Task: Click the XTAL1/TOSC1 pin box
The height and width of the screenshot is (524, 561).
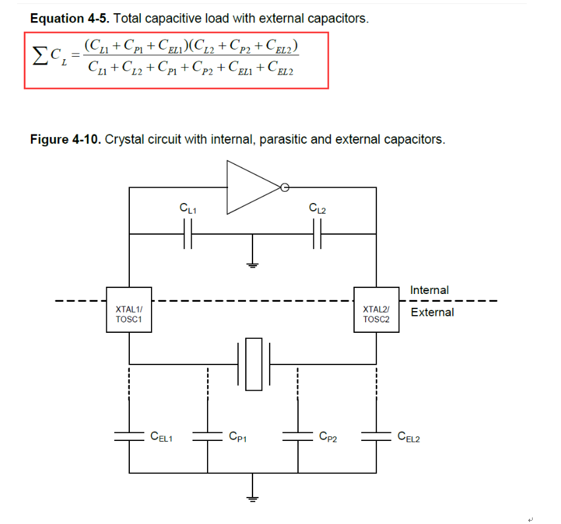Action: click(x=129, y=310)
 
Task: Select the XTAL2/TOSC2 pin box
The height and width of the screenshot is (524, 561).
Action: click(x=376, y=310)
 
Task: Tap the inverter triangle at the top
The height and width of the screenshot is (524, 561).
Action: click(x=253, y=187)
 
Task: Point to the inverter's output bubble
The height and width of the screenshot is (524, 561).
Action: click(x=285, y=187)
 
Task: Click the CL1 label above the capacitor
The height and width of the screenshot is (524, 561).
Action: click(x=188, y=208)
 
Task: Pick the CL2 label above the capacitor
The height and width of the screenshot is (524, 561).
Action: click(x=317, y=208)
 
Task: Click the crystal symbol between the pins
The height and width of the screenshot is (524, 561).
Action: click(x=254, y=364)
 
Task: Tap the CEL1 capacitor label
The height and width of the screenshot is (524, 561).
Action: click(x=162, y=436)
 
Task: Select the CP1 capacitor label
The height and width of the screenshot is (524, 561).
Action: click(x=237, y=436)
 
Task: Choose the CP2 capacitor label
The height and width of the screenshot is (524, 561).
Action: click(x=328, y=436)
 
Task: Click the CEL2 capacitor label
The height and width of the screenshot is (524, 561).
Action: click(x=409, y=436)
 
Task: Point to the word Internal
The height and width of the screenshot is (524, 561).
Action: click(x=429, y=290)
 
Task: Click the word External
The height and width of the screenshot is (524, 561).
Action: click(x=432, y=312)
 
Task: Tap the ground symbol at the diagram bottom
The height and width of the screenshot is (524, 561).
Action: click(x=252, y=498)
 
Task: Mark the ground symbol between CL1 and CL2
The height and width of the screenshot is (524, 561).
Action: click(x=252, y=265)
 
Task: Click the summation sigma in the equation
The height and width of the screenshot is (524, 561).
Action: click(x=40, y=56)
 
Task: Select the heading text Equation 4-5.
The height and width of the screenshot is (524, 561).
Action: click(x=70, y=18)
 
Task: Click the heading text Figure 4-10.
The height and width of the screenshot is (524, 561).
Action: click(x=65, y=139)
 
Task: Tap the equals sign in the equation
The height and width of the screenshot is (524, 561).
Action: click(x=76, y=55)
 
